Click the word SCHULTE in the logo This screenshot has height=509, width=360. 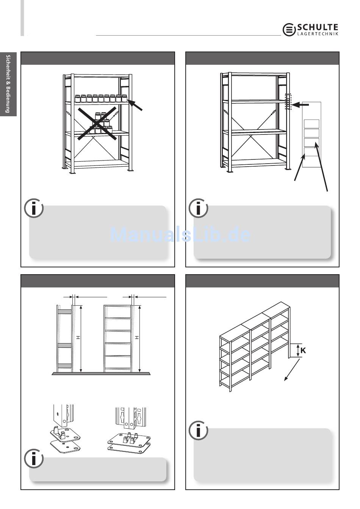click(318, 27)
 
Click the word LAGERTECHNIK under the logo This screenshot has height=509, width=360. click(318, 34)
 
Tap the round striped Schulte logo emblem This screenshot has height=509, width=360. click(289, 30)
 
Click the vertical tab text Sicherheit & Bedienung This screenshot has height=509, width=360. click(8, 84)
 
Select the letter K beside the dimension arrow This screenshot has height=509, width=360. click(303, 350)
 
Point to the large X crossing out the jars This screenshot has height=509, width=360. click(97, 123)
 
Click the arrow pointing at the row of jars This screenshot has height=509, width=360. click(135, 105)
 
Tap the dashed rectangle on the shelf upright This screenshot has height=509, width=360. click(288, 101)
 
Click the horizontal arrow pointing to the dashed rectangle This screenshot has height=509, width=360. click(300, 105)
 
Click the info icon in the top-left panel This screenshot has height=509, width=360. click(34, 208)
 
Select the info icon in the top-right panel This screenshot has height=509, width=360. click(199, 208)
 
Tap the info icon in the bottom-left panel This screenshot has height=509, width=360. click(34, 458)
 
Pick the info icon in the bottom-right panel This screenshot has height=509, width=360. click(199, 431)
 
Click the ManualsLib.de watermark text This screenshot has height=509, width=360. click(180, 234)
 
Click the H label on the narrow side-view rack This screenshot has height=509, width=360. click(78, 338)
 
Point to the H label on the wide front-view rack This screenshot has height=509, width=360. click(137, 338)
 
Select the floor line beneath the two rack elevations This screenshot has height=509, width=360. click(101, 373)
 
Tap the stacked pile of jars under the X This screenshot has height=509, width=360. click(100, 123)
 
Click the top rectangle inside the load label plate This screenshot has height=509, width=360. click(311, 124)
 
